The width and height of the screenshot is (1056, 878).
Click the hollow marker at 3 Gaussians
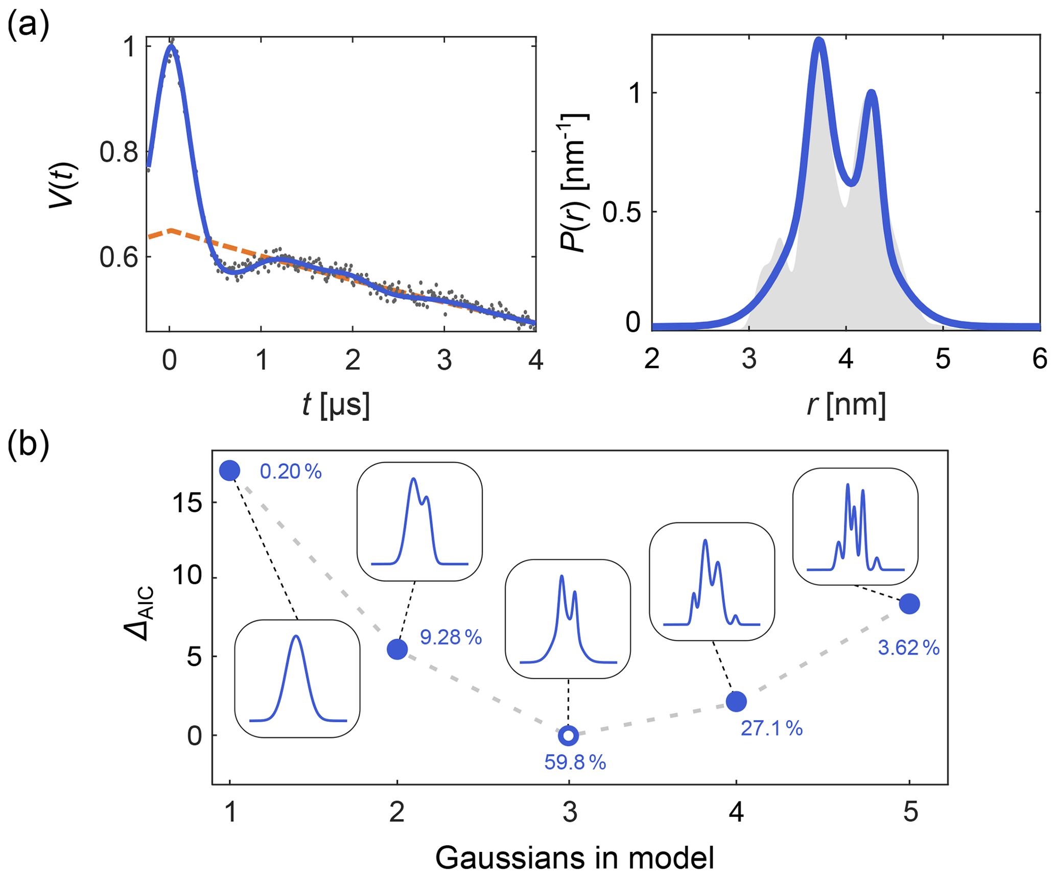click(568, 735)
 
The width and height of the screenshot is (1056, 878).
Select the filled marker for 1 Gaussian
click(230, 470)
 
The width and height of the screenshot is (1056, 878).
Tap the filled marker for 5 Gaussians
click(909, 604)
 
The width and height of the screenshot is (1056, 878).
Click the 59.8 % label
click(575, 763)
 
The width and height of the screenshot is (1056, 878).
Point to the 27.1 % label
click(771, 728)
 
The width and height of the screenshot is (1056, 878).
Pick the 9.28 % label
click(451, 637)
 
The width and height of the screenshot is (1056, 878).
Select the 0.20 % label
click(291, 471)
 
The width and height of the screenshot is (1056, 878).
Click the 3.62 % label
click(908, 648)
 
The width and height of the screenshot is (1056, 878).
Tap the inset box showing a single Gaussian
click(297, 678)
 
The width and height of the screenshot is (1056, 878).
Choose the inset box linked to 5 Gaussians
click(855, 526)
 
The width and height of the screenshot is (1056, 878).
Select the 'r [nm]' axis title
click(846, 405)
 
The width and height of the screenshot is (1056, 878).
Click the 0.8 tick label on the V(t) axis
click(119, 152)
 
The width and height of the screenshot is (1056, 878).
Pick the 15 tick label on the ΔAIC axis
click(187, 504)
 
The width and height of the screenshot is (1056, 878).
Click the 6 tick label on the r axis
click(1040, 359)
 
